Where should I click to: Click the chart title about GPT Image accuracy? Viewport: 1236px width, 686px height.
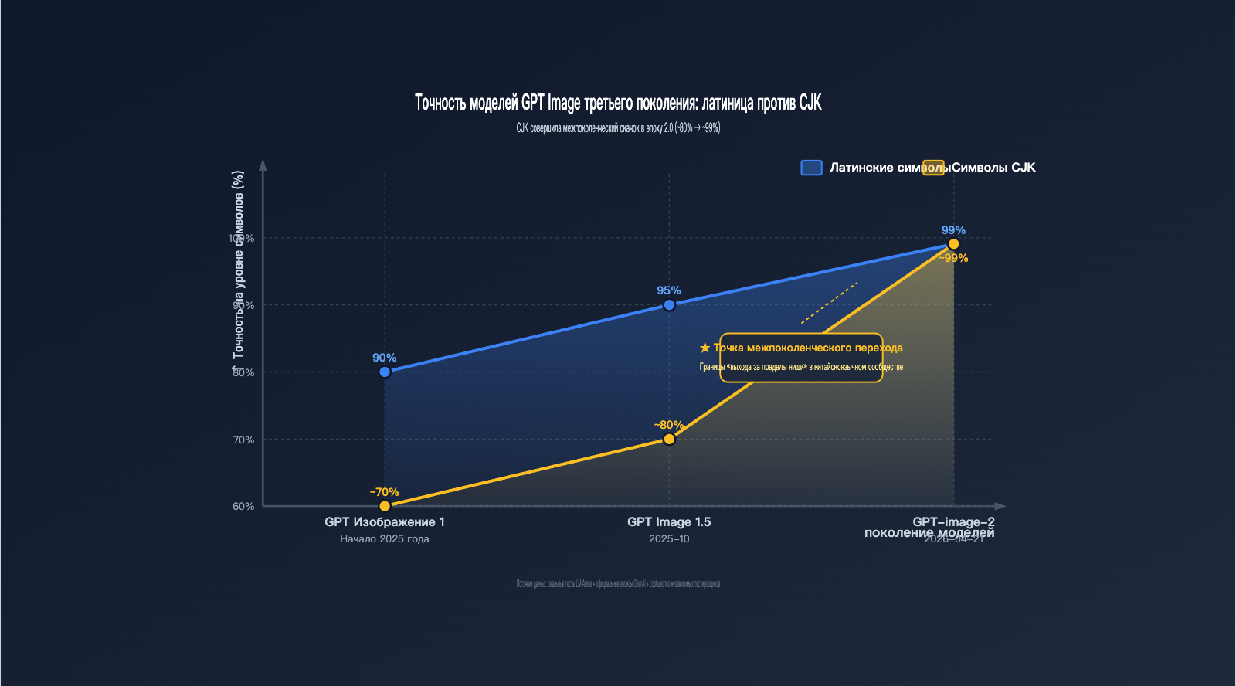point(618,103)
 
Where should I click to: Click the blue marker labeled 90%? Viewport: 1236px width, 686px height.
point(385,372)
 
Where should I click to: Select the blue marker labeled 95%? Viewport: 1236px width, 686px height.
point(669,305)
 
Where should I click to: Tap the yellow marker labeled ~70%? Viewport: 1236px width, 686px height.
point(385,507)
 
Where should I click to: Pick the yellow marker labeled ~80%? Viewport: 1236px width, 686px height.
point(669,440)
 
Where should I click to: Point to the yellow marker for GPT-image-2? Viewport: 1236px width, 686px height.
point(953,244)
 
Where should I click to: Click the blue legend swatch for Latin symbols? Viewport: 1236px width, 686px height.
point(811,168)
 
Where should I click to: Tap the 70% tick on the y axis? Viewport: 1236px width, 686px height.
point(243,440)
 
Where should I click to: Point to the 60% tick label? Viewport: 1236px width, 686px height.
point(243,507)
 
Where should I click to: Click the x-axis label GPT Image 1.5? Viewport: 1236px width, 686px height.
point(669,522)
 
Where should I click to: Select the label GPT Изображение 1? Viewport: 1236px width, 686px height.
point(385,522)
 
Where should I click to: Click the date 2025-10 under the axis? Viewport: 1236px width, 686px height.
point(669,539)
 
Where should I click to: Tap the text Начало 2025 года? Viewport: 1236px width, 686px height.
point(385,539)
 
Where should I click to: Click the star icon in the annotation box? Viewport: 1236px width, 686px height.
point(705,348)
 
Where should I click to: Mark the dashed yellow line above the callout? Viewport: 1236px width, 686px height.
point(830,303)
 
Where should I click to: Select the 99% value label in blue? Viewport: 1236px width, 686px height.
point(953,230)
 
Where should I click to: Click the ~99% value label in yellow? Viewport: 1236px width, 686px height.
point(954,259)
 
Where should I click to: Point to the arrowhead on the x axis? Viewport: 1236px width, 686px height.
point(1000,506)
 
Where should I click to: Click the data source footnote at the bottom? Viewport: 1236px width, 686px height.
point(618,584)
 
